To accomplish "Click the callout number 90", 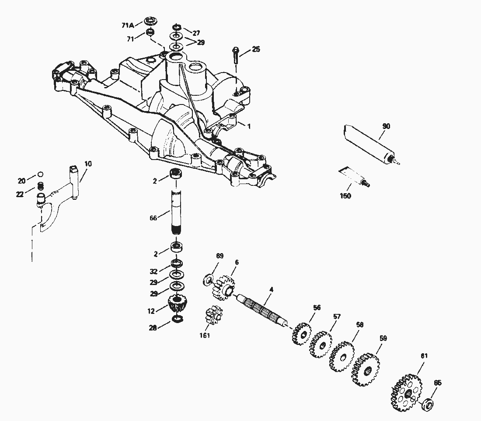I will pyautogui.click(x=386, y=126).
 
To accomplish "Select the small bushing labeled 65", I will pyautogui.click(x=428, y=404).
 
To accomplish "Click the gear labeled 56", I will pyautogui.click(x=301, y=334).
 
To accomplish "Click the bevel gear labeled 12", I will pyautogui.click(x=177, y=303).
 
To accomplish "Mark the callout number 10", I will pyautogui.click(x=88, y=164).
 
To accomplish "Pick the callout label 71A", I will pyautogui.click(x=127, y=25).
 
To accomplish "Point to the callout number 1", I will pyautogui.click(x=249, y=126).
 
